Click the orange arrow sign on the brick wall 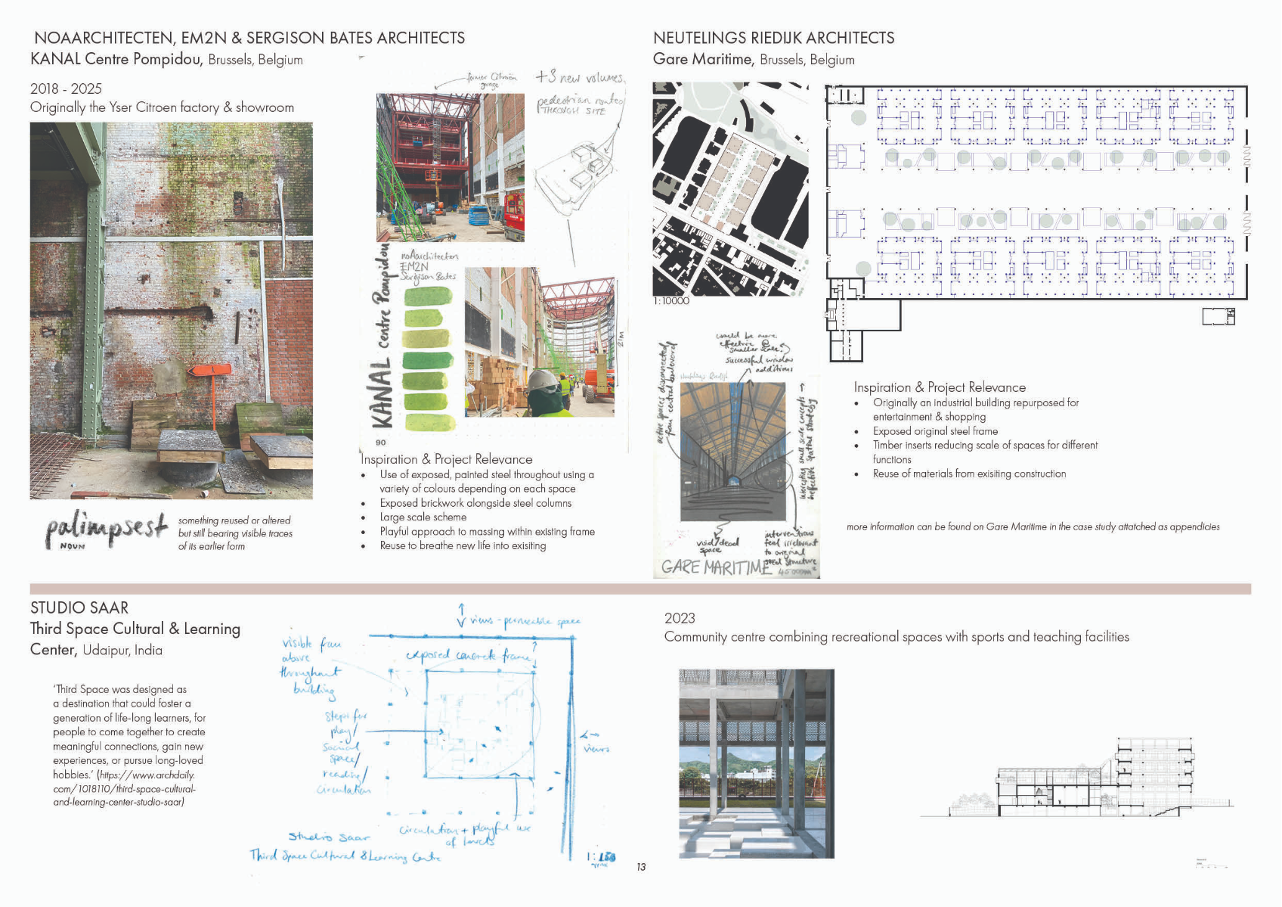point(209,371)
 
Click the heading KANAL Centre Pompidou point(116,59)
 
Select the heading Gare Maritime point(702,59)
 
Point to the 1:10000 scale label point(672,301)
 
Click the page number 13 point(641,867)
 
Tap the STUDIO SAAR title point(79,607)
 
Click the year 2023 point(680,618)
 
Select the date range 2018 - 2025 point(66,89)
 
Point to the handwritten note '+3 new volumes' point(580,77)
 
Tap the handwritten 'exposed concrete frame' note point(469,655)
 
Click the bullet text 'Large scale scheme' point(423,517)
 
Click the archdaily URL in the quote point(125,788)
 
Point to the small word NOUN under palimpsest point(73,546)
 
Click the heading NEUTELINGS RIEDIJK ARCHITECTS point(773,38)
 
